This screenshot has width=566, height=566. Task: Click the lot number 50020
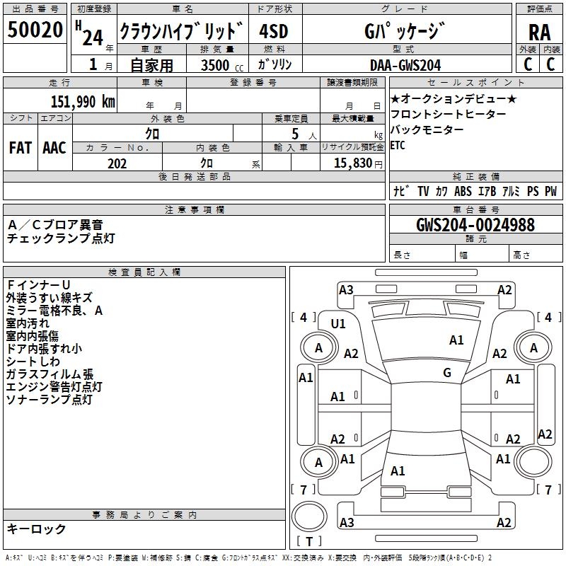click(x=35, y=30)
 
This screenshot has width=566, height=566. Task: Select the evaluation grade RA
click(x=539, y=32)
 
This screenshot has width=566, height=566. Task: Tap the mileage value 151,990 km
click(x=83, y=102)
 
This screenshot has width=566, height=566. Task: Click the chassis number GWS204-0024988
click(x=475, y=226)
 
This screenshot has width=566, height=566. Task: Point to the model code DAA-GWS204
click(x=405, y=65)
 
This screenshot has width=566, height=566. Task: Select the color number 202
click(x=117, y=163)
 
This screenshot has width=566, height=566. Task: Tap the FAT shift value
click(x=20, y=148)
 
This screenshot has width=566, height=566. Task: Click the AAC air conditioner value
click(x=54, y=148)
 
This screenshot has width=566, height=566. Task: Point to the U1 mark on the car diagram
click(x=338, y=324)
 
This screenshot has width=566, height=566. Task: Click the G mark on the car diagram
click(x=447, y=373)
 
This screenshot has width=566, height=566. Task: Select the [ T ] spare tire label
click(x=310, y=542)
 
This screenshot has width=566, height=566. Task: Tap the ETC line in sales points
click(x=398, y=146)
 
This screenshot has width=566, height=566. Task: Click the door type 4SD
click(x=274, y=32)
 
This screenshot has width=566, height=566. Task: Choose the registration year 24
click(x=92, y=37)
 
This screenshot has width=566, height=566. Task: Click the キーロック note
click(x=36, y=529)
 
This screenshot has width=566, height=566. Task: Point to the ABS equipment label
click(x=463, y=191)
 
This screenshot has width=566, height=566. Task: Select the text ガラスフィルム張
click(x=50, y=374)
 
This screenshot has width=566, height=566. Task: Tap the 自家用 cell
click(x=152, y=66)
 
